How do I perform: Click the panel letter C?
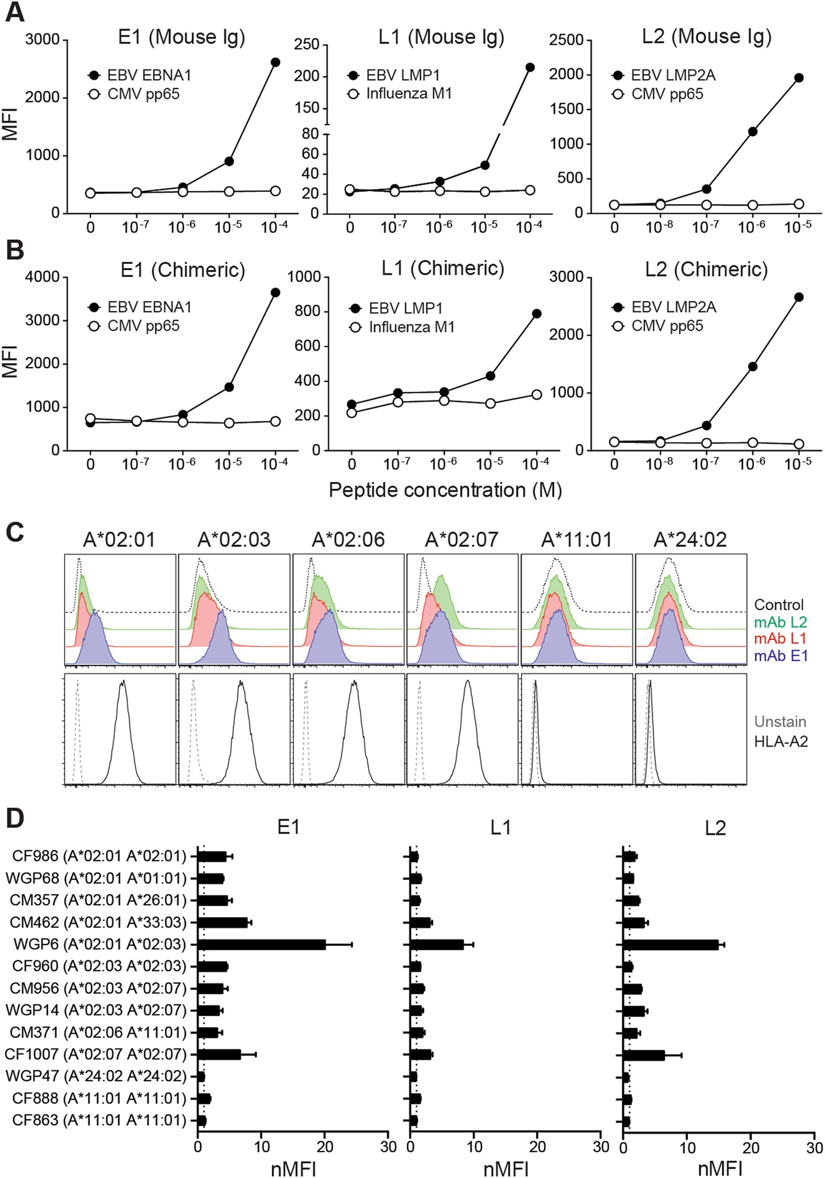pyautogui.click(x=15, y=533)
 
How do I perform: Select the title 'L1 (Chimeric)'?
pyautogui.click(x=443, y=268)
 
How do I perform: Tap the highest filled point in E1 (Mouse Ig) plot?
pyautogui.click(x=275, y=62)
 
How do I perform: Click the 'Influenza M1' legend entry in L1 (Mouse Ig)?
pyautogui.click(x=409, y=94)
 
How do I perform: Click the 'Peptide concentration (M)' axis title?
pyautogui.click(x=445, y=490)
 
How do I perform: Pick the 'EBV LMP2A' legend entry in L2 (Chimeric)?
pyautogui.click(x=673, y=307)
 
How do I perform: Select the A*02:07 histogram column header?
pyautogui.click(x=461, y=540)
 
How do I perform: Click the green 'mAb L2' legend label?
pyautogui.click(x=780, y=622)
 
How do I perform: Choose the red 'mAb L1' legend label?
pyautogui.click(x=780, y=638)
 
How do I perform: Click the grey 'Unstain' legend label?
pyautogui.click(x=780, y=722)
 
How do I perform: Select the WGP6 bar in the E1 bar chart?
pyautogui.click(x=262, y=944)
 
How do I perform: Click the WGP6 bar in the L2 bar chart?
pyautogui.click(x=670, y=944)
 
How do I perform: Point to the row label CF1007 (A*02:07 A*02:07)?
pyautogui.click(x=95, y=1054)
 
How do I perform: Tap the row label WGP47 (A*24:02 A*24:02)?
pyautogui.click(x=96, y=1076)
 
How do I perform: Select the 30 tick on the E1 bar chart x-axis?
pyautogui.click(x=388, y=1147)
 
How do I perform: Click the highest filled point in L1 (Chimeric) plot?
pyautogui.click(x=536, y=314)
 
